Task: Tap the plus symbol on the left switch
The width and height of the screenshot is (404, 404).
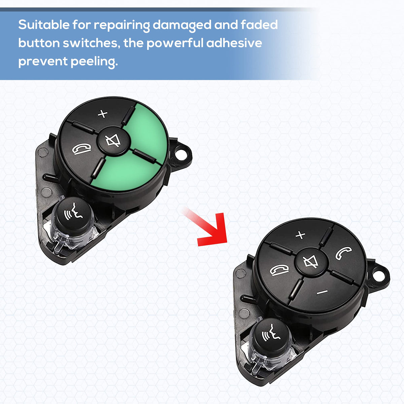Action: [103, 114]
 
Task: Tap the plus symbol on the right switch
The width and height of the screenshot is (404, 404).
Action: [300, 235]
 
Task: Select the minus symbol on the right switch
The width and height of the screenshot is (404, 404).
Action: [322, 292]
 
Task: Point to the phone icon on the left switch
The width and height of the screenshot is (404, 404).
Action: [81, 149]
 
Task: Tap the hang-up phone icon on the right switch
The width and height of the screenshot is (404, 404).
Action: [279, 270]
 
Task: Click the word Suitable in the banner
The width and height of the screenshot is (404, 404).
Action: [44, 25]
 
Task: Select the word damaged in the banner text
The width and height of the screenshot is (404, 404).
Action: [182, 26]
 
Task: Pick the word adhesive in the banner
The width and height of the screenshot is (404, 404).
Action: [234, 43]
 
